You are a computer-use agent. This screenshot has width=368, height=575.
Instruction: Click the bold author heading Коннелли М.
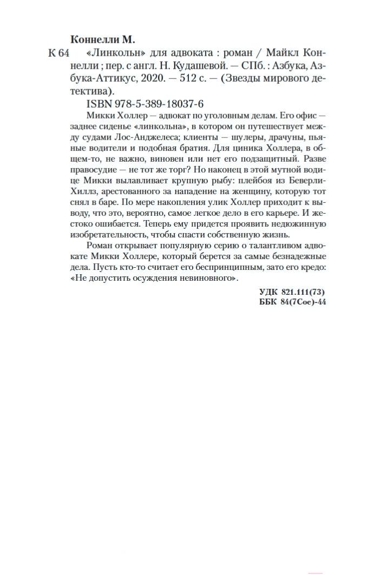point(103,40)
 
